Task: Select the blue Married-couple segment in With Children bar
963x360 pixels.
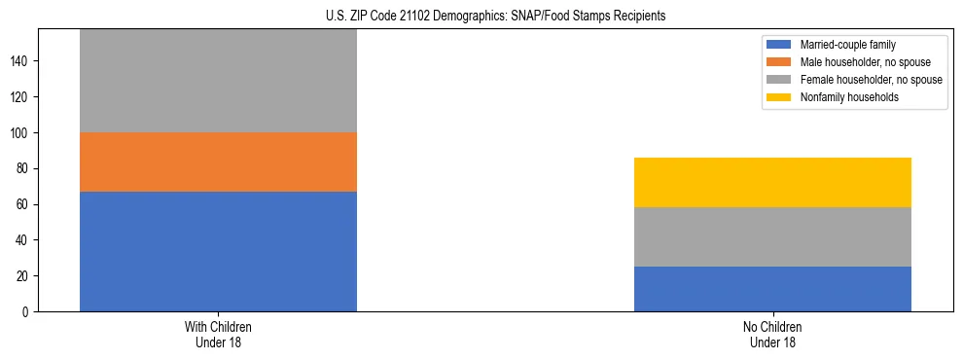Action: pyautogui.click(x=218, y=251)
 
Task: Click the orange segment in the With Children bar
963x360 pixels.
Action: pyautogui.click(x=218, y=162)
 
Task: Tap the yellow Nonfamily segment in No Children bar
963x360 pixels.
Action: pyautogui.click(x=772, y=182)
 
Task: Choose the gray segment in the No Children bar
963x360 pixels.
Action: pyautogui.click(x=772, y=236)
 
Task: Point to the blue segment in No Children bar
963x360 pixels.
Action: pyautogui.click(x=772, y=289)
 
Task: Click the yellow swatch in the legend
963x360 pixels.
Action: pyautogui.click(x=779, y=96)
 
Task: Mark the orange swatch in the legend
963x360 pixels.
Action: pyautogui.click(x=779, y=62)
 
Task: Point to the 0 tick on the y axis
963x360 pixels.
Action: pyautogui.click(x=28, y=311)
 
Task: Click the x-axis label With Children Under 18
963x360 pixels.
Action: pyautogui.click(x=218, y=334)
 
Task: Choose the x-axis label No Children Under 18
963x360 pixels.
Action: pyautogui.click(x=772, y=334)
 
